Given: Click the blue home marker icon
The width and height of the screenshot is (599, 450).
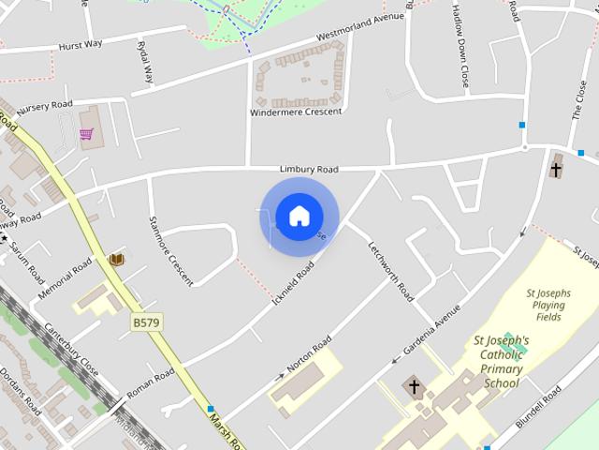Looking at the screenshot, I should [x=299, y=217].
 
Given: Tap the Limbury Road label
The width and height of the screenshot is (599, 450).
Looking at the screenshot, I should [x=308, y=169].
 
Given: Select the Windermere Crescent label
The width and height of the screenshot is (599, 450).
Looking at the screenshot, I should [x=296, y=112].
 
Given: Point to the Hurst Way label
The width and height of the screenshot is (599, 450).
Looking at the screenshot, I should [x=81, y=44].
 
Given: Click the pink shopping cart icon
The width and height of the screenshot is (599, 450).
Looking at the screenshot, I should [x=86, y=134].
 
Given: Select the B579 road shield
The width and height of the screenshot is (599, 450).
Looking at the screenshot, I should [x=146, y=322].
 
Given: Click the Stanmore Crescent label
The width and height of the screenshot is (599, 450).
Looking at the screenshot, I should [x=171, y=250].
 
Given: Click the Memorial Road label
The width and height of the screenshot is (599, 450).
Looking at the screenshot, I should [x=65, y=278].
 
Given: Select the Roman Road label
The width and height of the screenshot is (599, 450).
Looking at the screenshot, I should [x=150, y=382].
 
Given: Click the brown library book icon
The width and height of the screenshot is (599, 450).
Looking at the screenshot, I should [x=117, y=259].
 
